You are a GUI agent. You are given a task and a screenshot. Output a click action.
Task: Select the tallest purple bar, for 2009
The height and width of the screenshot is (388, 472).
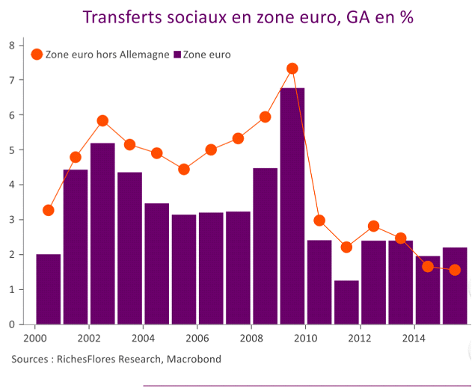click(292, 206)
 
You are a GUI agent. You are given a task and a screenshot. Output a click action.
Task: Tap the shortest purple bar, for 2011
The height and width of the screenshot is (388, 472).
click(346, 302)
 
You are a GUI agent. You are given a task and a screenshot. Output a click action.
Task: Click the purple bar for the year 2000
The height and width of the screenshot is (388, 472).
click(49, 289)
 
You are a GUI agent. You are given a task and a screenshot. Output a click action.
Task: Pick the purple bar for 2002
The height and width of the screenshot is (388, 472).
click(102, 233)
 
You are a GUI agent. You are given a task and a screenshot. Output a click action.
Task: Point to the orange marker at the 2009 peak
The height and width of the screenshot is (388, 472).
click(292, 69)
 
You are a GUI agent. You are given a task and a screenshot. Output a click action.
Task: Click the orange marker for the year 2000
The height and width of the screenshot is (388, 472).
click(49, 210)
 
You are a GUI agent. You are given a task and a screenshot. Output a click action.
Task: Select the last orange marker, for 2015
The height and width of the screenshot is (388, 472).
click(455, 270)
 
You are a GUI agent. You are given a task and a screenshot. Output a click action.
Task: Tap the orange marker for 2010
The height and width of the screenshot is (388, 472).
click(319, 221)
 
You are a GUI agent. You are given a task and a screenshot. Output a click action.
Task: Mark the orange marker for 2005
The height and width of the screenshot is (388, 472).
click(184, 169)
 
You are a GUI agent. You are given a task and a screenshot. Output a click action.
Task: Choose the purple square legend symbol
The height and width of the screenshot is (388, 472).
click(177, 55)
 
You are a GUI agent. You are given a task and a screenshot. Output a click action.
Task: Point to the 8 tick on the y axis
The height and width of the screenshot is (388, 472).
click(12, 45)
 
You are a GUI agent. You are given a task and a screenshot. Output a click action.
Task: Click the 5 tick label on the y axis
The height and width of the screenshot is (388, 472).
click(12, 150)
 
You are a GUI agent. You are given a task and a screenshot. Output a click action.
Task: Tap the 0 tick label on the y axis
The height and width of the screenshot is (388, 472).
click(12, 324)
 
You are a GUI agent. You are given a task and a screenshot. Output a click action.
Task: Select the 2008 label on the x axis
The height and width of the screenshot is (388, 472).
click(251, 337)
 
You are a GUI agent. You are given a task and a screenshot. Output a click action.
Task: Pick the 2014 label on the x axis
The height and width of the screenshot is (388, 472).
click(414, 337)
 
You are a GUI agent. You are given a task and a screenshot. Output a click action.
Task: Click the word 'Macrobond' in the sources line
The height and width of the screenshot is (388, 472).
click(197, 360)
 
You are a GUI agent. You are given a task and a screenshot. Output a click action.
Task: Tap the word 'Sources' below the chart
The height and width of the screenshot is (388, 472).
click(32, 360)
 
